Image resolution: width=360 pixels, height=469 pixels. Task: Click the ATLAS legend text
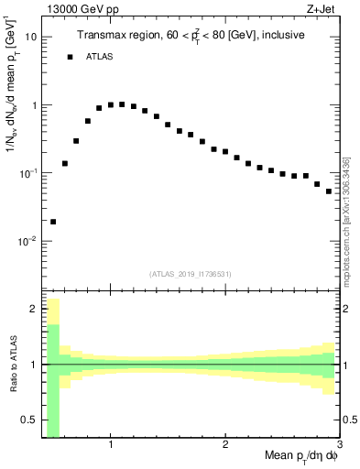(x=98, y=57)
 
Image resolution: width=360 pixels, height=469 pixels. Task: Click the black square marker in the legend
(x=71, y=57)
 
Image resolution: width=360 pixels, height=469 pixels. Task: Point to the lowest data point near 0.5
(x=53, y=221)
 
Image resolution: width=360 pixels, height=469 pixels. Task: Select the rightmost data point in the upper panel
(x=329, y=191)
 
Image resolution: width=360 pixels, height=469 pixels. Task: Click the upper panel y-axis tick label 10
(x=31, y=37)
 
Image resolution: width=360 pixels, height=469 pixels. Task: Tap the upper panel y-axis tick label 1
(x=34, y=105)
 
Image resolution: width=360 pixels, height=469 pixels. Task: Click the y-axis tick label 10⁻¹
(x=28, y=172)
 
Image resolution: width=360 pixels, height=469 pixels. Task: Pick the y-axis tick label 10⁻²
(x=28, y=241)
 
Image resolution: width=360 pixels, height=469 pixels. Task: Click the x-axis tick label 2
(x=225, y=446)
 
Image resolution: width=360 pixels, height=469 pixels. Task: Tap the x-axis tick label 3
(x=338, y=446)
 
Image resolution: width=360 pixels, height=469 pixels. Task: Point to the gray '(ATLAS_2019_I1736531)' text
(x=191, y=273)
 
